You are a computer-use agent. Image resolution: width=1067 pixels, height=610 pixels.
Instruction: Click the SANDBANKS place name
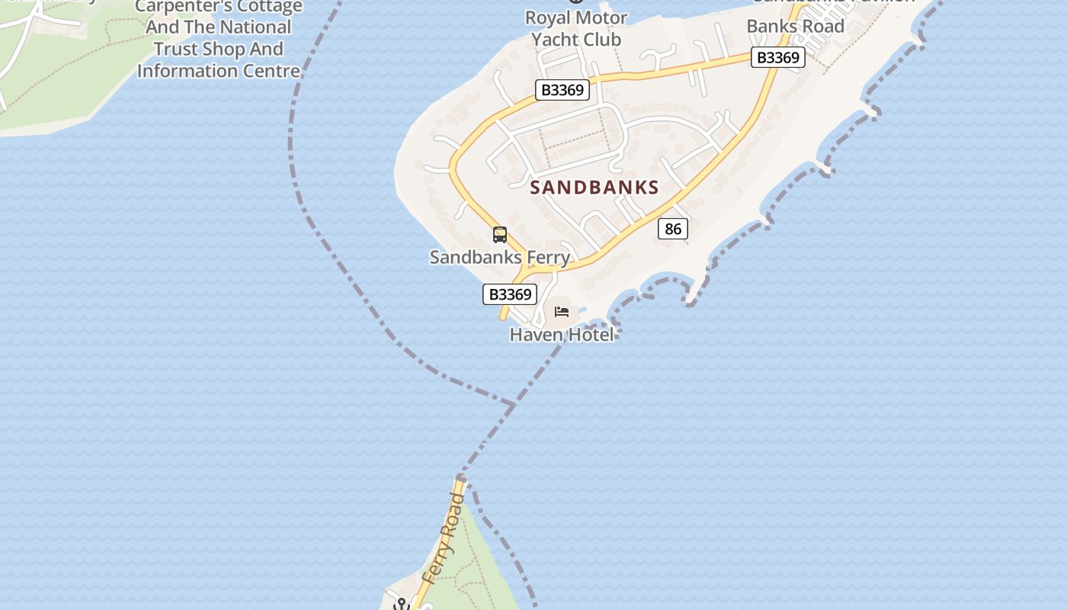[x=594, y=188]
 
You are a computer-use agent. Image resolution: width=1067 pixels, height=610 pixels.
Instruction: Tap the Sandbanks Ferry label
[x=499, y=257]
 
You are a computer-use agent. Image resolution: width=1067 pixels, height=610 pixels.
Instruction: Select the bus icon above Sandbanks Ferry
[x=500, y=235]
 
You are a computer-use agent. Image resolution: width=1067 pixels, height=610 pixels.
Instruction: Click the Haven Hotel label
[x=561, y=334]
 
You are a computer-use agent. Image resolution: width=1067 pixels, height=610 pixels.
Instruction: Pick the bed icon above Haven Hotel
[x=562, y=311]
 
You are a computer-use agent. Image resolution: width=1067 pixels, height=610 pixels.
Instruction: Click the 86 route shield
[x=672, y=229]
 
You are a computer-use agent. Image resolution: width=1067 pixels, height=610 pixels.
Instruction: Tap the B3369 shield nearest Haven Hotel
[x=510, y=294]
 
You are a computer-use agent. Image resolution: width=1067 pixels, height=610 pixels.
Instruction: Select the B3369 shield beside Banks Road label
[x=777, y=57]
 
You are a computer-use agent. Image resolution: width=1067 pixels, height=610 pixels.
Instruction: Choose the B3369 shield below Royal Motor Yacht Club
[x=562, y=90]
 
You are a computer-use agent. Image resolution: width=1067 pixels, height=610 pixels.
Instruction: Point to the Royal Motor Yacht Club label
[x=576, y=28]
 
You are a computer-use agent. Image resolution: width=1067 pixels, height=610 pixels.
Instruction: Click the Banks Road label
[x=795, y=26]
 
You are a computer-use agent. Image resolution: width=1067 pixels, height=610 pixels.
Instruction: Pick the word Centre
[x=271, y=71]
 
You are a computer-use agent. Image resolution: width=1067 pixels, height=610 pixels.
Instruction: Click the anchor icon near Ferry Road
[x=401, y=605]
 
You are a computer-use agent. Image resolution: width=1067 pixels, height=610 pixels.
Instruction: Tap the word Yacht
[x=555, y=40]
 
